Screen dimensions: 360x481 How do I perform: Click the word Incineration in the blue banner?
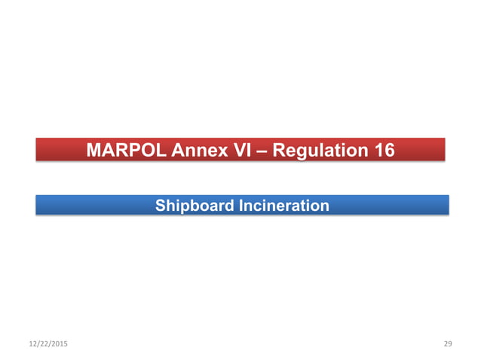pyautogui.click(x=283, y=205)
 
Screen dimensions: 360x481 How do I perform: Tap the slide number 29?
pyautogui.click(x=448, y=343)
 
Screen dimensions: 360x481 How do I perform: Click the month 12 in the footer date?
pyautogui.click(x=33, y=343)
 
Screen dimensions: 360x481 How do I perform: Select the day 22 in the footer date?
pyautogui.click(x=43, y=343)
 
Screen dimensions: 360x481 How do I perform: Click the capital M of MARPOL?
pyautogui.click(x=93, y=150)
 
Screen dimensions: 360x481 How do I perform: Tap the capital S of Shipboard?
pyautogui.click(x=160, y=205)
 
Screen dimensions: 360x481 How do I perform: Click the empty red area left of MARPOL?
pyautogui.click(x=59, y=150)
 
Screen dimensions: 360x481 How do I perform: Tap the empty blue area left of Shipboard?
pyautogui.click(x=90, y=205)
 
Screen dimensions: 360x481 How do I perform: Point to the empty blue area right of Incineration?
pyautogui.click(x=392, y=205)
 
